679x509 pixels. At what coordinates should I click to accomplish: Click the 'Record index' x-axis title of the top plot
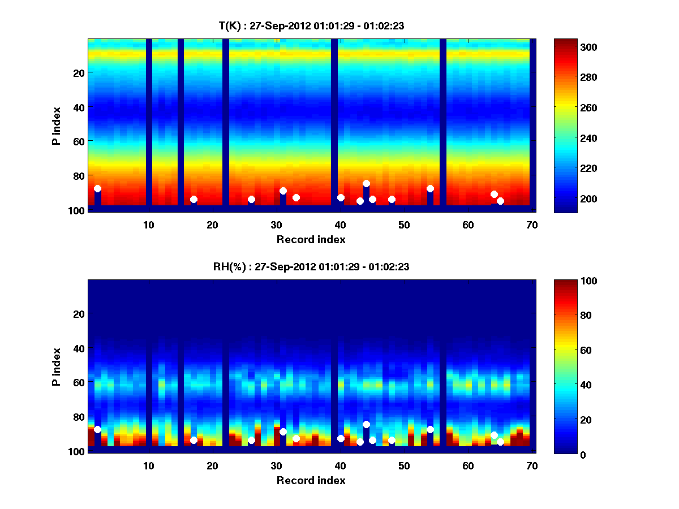tap(311, 239)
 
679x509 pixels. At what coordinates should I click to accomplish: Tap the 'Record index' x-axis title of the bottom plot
tap(311, 480)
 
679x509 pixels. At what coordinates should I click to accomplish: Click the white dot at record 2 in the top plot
tap(97, 188)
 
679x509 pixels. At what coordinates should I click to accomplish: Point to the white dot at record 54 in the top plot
tap(430, 188)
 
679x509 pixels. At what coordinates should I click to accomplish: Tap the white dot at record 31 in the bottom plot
tap(283, 432)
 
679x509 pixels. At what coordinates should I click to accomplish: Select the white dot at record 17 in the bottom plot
tap(194, 440)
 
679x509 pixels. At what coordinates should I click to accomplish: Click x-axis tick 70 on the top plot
tap(532, 225)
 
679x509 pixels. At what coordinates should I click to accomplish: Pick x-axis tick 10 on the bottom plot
tap(148, 465)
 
